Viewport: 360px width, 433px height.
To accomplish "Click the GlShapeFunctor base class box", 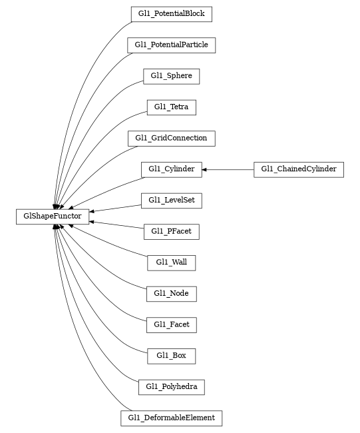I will point(53,216).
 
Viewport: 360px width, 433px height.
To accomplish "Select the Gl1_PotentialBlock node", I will point(171,13).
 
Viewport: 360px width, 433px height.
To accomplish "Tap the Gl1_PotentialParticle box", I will point(171,45).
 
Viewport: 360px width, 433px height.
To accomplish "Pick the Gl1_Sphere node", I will point(171,76).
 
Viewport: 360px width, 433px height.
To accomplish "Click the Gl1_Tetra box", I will point(171,107).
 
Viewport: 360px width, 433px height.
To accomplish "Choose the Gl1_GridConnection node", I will point(171,138).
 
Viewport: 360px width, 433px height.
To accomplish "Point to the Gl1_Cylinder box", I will point(171,169).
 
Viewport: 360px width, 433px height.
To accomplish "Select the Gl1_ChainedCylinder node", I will point(299,169).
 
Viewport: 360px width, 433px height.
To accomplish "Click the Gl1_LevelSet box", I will point(171,200).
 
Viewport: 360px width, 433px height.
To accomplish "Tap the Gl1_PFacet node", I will point(171,231).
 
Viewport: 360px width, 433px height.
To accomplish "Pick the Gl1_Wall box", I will point(171,262).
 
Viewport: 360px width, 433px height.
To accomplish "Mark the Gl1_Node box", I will point(171,293).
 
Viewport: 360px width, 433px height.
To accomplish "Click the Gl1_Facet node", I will point(171,324).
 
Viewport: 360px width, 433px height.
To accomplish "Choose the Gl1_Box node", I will point(171,356).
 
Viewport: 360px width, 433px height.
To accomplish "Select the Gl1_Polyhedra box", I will point(171,386).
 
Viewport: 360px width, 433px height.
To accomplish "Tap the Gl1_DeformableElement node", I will point(171,418).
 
